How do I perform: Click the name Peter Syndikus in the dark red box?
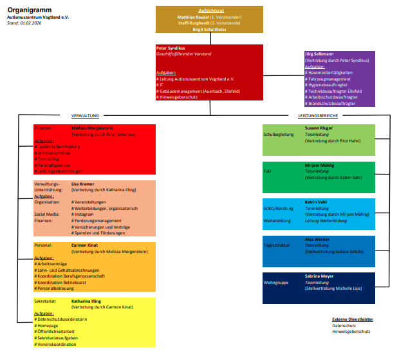pos(171,48)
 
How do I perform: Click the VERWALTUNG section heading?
pos(85,115)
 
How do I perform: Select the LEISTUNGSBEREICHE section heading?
pos(318,115)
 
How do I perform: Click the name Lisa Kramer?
pos(83,184)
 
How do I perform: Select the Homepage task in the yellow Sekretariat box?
pos(48,325)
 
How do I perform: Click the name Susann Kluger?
pos(319,128)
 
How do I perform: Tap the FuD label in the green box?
pos(267,173)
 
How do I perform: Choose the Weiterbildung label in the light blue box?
pos(278,220)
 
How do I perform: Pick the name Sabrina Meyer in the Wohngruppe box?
pos(320,276)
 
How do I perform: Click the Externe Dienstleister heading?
pos(352,319)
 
